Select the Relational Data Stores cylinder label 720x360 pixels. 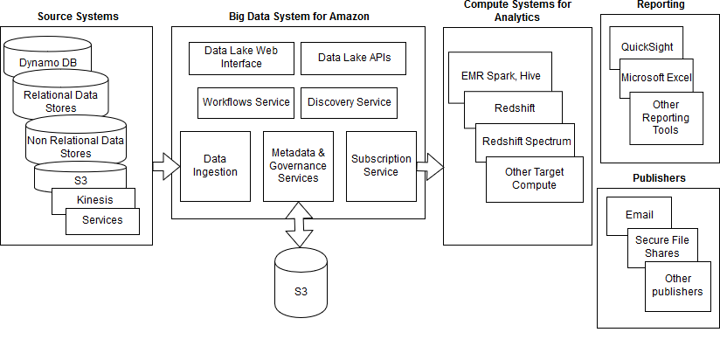coord(61,101)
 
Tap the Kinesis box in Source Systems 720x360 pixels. coord(93,200)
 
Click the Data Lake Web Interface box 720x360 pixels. coord(239,58)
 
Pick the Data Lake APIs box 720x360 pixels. coord(354,58)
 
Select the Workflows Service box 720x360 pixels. coord(246,102)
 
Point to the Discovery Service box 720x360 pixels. coord(349,102)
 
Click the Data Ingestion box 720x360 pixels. coord(215,166)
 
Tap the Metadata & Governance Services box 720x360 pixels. coord(298,166)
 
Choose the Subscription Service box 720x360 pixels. coord(381,166)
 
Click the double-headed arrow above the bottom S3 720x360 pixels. coord(299,225)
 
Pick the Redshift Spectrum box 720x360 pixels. coord(527,141)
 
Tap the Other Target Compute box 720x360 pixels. coord(534,178)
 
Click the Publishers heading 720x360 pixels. coord(659,178)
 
